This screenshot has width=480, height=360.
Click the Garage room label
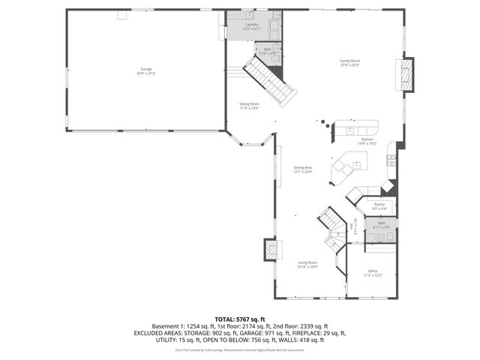[145, 69]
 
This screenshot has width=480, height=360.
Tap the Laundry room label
[252, 24]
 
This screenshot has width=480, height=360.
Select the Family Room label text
[350, 60]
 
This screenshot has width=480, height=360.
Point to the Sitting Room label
[249, 103]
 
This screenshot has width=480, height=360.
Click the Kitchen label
[367, 139]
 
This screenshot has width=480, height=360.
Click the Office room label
[373, 271]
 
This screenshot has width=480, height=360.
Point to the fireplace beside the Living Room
[271, 250]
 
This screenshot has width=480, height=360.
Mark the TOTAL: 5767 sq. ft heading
[239, 319]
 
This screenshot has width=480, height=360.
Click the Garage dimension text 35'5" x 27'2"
[145, 73]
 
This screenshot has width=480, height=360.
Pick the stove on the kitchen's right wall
[391, 158]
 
